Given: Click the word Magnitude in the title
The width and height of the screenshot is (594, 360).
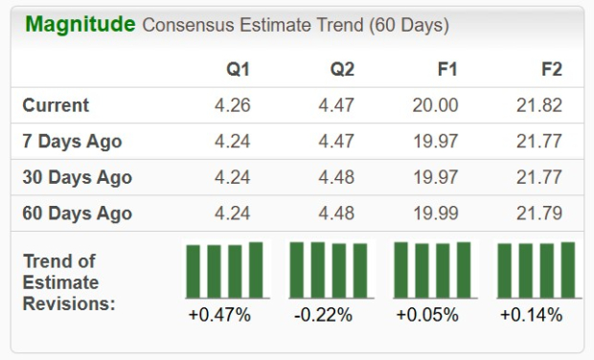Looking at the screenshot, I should [80, 24].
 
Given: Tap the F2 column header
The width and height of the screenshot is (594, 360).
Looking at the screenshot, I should [551, 70].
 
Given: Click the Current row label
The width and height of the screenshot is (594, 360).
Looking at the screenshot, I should [56, 105].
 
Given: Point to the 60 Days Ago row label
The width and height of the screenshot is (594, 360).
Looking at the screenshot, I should [77, 213].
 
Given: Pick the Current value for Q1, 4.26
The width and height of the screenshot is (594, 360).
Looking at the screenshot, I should [232, 105].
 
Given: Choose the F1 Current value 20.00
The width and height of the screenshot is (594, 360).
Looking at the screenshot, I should [435, 105].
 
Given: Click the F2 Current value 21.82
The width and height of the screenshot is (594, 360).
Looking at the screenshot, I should [538, 105].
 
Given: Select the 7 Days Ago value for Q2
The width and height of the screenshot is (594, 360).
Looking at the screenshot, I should [336, 142].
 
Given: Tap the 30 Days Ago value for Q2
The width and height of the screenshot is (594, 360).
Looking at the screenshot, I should [336, 177].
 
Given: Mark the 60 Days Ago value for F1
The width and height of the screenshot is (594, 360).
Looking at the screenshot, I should [435, 213].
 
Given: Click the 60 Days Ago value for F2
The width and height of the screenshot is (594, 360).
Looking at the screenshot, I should [538, 213].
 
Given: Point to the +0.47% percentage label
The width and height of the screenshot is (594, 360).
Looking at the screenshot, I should [221, 315].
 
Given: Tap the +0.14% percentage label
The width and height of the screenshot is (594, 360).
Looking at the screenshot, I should [531, 315].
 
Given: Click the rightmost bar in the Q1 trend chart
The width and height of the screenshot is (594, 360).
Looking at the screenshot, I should [256, 270].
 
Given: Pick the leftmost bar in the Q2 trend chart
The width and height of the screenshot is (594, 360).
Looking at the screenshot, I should [297, 270].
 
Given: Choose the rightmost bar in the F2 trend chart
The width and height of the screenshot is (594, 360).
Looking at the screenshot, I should [567, 270].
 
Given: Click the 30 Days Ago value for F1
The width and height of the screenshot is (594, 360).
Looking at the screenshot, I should [435, 177].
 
